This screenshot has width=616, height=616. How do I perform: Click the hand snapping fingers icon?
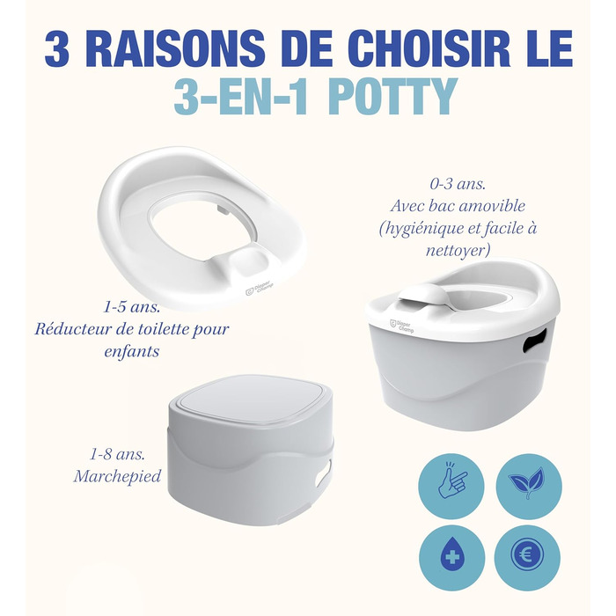pos(451,486)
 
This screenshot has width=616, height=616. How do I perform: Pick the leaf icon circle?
pos(528,486)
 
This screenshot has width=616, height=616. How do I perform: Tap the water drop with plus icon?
pos(451,557)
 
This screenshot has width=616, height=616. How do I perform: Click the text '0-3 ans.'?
pos(458,184)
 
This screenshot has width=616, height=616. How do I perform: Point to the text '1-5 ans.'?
pos(131,307)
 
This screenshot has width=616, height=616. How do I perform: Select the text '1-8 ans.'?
pos(117,455)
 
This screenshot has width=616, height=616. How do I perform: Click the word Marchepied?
pos(117,477)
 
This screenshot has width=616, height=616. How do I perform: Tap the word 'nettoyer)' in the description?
pos(458,250)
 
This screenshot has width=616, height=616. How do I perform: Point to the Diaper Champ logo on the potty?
pos(401,326)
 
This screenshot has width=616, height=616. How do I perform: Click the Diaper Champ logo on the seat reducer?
pos(260,290)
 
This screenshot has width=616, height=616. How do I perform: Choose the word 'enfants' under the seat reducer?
pos(132,351)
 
